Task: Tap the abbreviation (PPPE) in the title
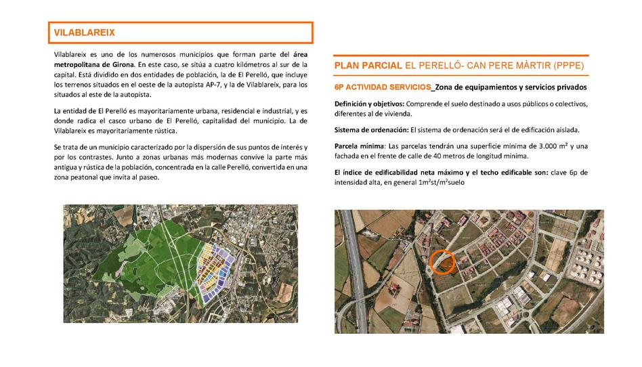(565, 66)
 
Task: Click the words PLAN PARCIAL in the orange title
(368, 66)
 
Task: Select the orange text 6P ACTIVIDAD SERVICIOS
(383, 87)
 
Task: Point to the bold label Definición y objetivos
(369, 104)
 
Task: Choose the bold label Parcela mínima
(359, 146)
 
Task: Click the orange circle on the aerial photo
(442, 262)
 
